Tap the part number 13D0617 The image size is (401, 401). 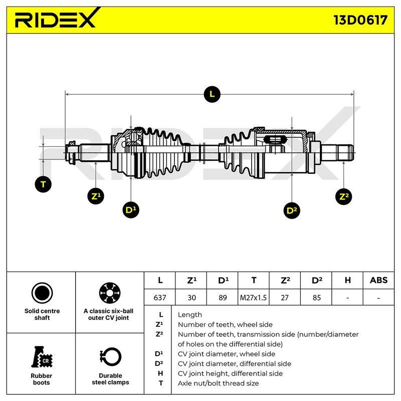360,20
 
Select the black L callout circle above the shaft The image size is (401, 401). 212,94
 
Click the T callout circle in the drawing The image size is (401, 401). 43,184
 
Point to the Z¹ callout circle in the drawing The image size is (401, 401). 96,196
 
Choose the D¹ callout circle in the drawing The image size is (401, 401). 131,210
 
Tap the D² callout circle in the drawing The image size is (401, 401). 292,211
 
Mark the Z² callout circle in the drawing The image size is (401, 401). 343,196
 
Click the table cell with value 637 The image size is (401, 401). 160,297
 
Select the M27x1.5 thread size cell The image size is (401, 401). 253,297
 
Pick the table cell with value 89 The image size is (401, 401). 223,297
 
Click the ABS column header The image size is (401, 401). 378,280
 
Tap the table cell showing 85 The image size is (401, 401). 316,297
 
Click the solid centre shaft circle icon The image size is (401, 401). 42,293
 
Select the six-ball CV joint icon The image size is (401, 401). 110,293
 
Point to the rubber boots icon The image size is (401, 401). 42,357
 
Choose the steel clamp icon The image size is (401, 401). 110,357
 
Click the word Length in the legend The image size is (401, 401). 190,315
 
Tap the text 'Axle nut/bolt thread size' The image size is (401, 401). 218,383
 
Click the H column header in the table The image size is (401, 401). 347,280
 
